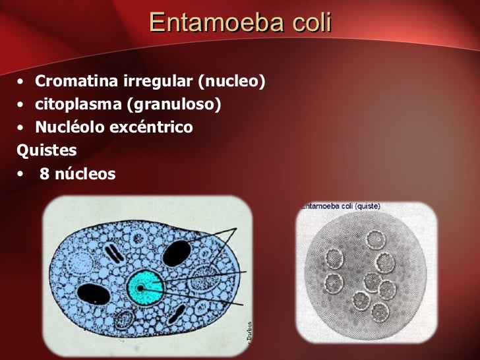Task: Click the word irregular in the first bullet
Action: pos(158,82)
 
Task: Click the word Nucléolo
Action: pos(68,127)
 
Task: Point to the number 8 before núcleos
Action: pos(44,175)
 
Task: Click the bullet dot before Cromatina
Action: pos(22,82)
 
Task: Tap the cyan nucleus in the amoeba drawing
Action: pos(146,287)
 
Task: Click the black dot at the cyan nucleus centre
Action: pos(140,288)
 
